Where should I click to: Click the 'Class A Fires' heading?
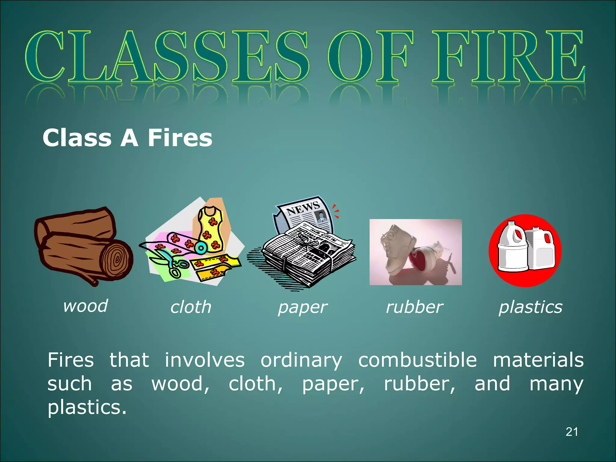(127, 138)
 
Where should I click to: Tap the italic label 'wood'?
(85, 306)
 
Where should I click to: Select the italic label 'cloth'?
(191, 307)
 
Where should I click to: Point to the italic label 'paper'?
(302, 308)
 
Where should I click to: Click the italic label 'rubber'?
(414, 307)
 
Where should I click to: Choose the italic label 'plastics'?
(531, 307)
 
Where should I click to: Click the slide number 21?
(571, 432)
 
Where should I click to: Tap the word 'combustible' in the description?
(417, 360)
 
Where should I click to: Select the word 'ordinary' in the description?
(301, 361)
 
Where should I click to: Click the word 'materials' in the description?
(538, 360)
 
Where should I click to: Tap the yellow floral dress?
(211, 229)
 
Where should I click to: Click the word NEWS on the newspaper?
(303, 208)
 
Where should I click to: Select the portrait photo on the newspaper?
(321, 217)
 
